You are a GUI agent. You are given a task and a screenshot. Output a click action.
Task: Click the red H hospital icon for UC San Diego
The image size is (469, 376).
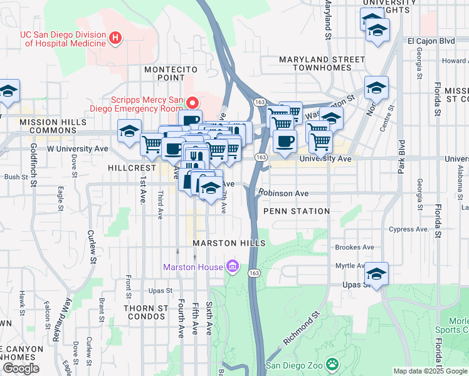pyautogui.click(x=115, y=39)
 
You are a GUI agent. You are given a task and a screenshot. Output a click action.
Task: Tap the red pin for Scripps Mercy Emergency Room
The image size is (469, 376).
pyautogui.click(x=194, y=102)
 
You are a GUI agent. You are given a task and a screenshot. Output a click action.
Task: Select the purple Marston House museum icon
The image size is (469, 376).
pyautogui.click(x=233, y=267)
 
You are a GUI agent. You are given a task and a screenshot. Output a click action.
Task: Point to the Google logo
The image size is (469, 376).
pyautogui.click(x=21, y=368)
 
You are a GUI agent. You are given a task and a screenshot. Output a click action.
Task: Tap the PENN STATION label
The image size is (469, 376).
pyautogui.click(x=297, y=211)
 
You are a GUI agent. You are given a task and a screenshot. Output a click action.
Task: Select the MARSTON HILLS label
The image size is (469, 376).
pyautogui.click(x=229, y=243)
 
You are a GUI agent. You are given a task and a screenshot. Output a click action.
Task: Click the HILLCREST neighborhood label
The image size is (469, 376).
pyautogui.click(x=131, y=169)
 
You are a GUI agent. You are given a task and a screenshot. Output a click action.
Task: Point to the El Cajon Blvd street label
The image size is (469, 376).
pyautogui.click(x=430, y=41)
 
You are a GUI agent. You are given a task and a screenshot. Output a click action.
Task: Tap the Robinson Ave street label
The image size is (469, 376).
pyautogui.click(x=286, y=194)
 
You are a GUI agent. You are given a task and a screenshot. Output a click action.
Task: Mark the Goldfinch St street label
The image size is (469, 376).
pyautogui.click(x=33, y=160)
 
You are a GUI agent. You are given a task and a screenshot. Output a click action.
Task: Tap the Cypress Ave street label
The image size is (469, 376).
pyautogui.click(x=409, y=229)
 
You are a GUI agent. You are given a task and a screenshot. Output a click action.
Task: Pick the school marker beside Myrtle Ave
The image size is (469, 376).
pyautogui.click(x=377, y=274)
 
